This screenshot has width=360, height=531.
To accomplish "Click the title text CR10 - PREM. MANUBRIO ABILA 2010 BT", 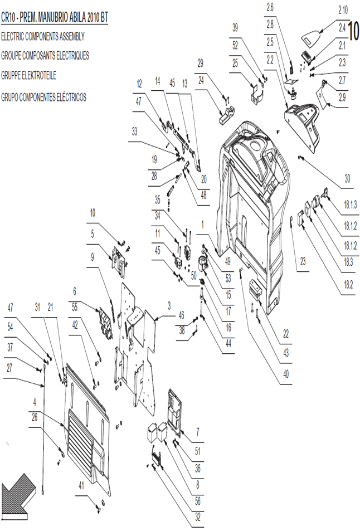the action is click(x=55, y=17).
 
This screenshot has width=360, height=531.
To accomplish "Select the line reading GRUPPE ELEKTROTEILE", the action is click(x=29, y=75).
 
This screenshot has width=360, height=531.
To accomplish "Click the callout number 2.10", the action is click(x=343, y=10).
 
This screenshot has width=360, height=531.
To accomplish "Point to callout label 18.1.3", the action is click(x=350, y=205).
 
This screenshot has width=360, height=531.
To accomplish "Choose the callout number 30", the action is click(x=347, y=178).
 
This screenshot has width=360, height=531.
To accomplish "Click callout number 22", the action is click(x=286, y=334).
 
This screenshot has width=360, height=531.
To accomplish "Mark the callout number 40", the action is click(x=286, y=374).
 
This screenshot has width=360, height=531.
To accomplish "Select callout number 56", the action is click(x=198, y=501).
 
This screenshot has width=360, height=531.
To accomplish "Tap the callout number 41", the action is click(x=81, y=486).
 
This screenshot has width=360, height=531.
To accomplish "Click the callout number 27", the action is click(x=9, y=368).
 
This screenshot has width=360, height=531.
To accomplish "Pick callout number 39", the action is click(x=235, y=28).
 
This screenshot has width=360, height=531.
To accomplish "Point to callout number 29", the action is click(x=201, y=63).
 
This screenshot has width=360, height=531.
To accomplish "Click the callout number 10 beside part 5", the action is click(x=93, y=213).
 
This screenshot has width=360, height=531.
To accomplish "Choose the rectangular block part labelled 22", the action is click(x=256, y=290).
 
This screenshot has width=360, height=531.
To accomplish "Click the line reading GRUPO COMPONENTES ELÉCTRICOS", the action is click(x=43, y=98).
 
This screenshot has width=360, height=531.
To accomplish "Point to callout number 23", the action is click(x=303, y=261).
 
